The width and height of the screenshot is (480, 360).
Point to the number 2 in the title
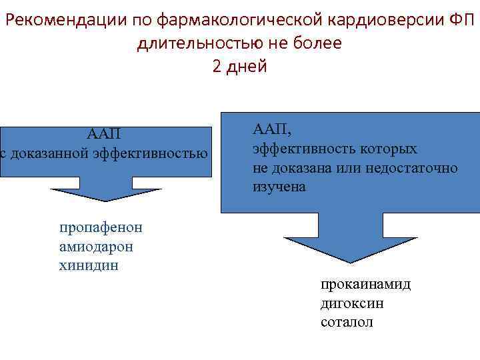point(217,67)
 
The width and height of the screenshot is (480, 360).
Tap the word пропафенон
point(101,227)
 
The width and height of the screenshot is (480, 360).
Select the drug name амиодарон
point(96,247)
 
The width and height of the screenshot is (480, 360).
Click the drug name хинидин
point(89,266)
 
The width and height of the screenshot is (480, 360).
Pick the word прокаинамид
point(365,285)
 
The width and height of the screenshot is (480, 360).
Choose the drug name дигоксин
point(352,303)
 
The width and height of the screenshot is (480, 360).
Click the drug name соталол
point(347,323)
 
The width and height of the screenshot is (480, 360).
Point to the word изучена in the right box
point(279,187)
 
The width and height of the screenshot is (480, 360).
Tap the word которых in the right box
point(389,148)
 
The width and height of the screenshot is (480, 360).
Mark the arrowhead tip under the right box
point(350,261)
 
